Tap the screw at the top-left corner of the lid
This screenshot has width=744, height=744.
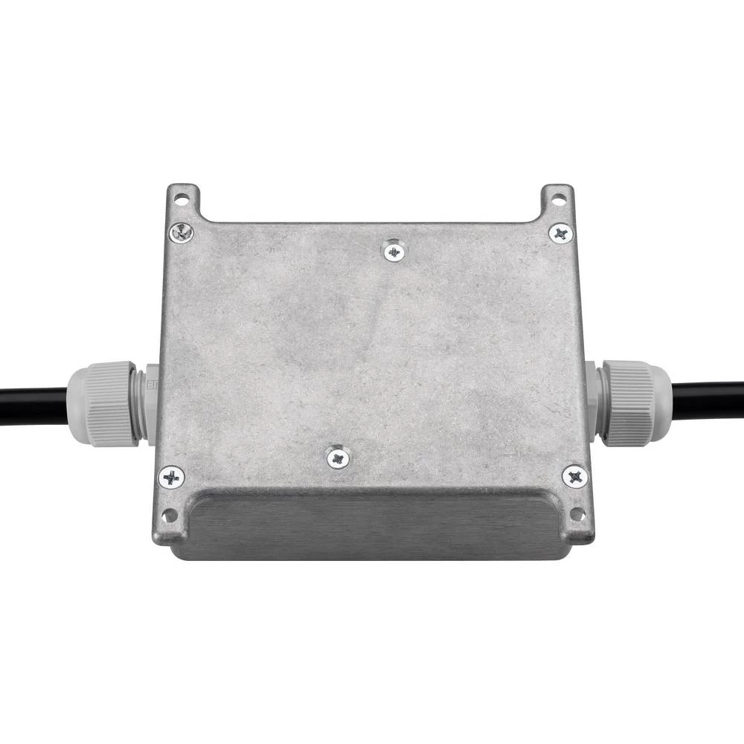click(181, 233)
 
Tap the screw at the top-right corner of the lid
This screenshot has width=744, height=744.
click(561, 234)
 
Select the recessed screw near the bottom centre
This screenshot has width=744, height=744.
click(339, 458)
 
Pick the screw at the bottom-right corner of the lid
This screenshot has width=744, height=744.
click(574, 476)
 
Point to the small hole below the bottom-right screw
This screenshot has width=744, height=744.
click(576, 513)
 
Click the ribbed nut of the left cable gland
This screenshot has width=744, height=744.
click(112, 403)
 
